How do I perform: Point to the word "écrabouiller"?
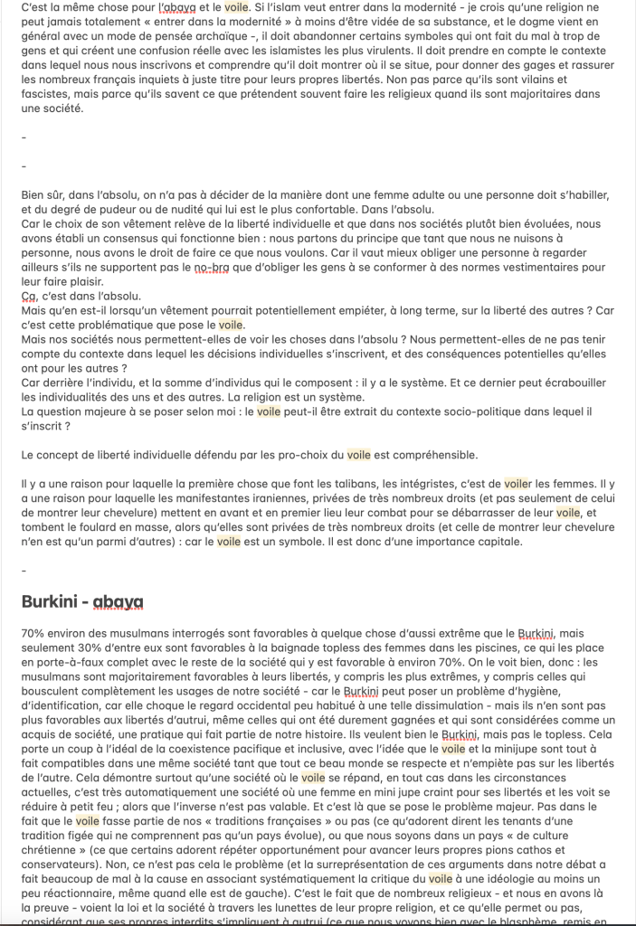(566, 384)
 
